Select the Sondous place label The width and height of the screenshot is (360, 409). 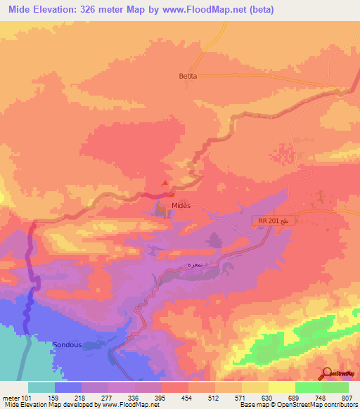click(68, 344)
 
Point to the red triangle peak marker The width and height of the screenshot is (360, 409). click(166, 183)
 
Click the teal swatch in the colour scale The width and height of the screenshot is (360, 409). click(41, 387)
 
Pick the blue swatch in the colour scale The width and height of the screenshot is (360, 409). click(67, 387)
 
